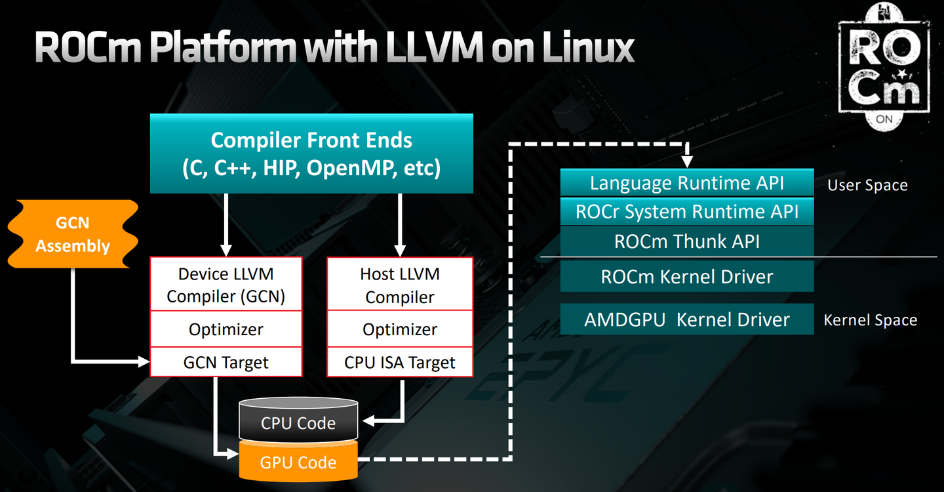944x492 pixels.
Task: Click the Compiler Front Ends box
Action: [311, 154]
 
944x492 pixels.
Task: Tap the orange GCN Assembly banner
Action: [73, 234]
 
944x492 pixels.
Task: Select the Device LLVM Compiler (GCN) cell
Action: [226, 285]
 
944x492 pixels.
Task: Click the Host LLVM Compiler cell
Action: [400, 285]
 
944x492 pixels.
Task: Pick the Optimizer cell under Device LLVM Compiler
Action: [226, 329]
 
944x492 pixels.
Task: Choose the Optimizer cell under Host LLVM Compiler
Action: [400, 329]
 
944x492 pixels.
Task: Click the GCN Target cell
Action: [226, 362]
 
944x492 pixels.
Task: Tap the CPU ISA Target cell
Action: [400, 362]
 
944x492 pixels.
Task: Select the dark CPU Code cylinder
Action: [298, 420]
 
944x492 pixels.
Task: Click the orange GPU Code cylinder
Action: [298, 461]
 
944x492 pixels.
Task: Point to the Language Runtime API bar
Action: [687, 182]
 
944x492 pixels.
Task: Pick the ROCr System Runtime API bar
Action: [687, 211]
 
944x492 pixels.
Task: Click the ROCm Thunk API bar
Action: [687, 241]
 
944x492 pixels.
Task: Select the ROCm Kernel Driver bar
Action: [687, 277]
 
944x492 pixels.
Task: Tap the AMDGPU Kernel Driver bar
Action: [687, 319]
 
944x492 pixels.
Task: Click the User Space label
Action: [867, 185]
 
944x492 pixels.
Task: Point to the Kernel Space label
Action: [871, 320]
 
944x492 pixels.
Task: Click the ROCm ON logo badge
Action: [884, 67]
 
